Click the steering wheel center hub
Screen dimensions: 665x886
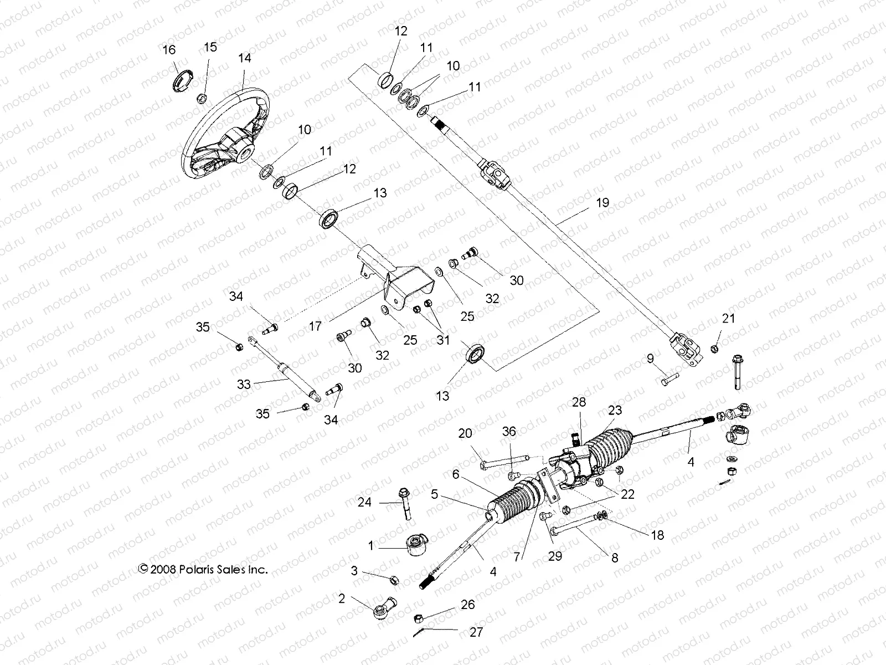click(242, 150)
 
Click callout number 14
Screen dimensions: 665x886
click(245, 58)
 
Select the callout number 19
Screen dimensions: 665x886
click(602, 203)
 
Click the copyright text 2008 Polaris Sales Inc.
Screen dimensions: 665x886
click(203, 569)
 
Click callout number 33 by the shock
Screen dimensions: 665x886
click(244, 384)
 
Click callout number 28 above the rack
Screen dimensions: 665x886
click(579, 402)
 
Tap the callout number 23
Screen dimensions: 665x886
click(615, 410)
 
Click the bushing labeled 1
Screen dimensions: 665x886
click(418, 545)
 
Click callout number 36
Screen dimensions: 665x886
click(509, 431)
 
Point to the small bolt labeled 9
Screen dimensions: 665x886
click(668, 381)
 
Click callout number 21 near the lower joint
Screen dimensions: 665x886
click(728, 318)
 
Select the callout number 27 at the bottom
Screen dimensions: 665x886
click(476, 632)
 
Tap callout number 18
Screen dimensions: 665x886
click(657, 535)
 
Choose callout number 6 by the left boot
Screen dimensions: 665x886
click(456, 474)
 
